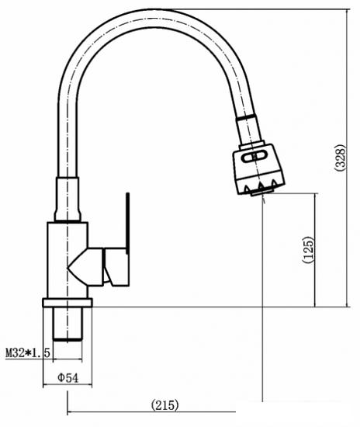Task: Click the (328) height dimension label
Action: pos(341,158)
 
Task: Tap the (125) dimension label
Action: pos(308,250)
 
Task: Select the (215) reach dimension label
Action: pos(165,405)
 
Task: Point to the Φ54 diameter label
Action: pos(67,378)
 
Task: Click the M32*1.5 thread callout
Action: pos(28,353)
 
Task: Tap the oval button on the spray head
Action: pos(254,157)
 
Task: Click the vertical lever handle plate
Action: pos(127,224)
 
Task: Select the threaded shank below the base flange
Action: pos(67,324)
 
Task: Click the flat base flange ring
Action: pos(67,303)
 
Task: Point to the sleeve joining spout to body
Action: pos(67,199)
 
